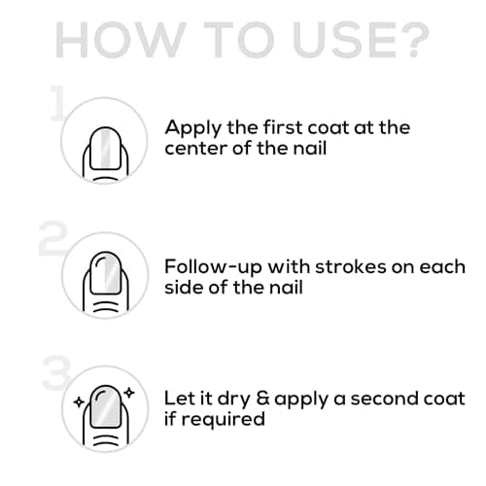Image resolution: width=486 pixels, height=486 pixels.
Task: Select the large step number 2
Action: coord(53,240)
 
